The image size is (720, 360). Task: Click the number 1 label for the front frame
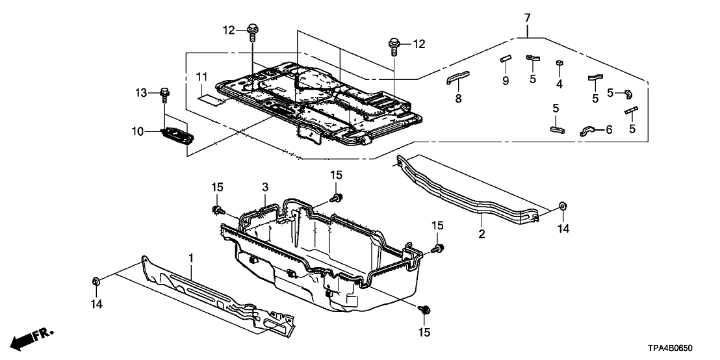pyautogui.click(x=191, y=259)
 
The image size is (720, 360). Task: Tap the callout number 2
pyautogui.click(x=482, y=233)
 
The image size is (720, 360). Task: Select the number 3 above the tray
pyautogui.click(x=264, y=187)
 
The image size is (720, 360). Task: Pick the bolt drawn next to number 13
pyautogui.click(x=164, y=96)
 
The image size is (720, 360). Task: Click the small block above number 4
pyautogui.click(x=559, y=63)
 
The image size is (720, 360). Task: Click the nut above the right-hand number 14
pyautogui.click(x=562, y=207)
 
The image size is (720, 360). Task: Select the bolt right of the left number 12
pyautogui.click(x=252, y=30)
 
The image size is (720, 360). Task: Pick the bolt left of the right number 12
pyautogui.click(x=394, y=44)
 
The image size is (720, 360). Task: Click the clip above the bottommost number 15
pyautogui.click(x=424, y=311)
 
